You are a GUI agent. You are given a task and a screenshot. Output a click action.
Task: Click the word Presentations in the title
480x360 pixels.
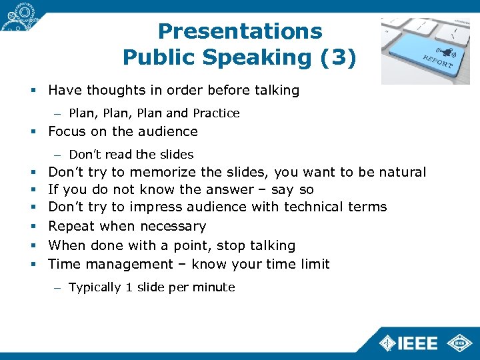240,31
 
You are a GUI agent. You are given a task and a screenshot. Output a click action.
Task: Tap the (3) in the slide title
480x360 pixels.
338,58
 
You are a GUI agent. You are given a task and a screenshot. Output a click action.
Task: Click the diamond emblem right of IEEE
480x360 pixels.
459,341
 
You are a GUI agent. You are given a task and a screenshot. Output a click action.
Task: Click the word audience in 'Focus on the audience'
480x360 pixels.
167,131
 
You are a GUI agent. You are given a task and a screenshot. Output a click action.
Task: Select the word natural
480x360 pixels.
402,173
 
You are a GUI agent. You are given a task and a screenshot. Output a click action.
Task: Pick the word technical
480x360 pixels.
313,207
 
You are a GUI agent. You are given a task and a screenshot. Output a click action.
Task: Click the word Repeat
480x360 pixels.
70,226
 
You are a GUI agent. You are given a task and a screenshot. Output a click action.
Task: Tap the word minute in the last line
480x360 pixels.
215,287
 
